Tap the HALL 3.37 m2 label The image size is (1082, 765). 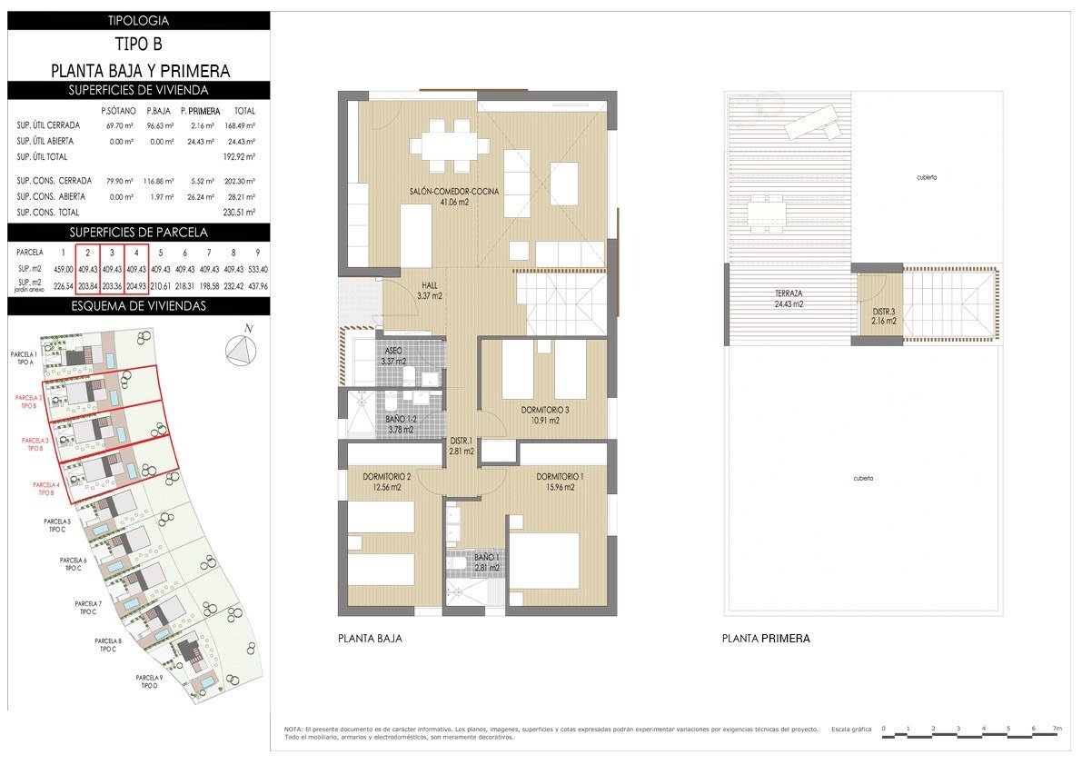point(428,290)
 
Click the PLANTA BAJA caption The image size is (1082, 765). point(369,639)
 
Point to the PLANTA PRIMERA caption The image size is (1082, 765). point(765,639)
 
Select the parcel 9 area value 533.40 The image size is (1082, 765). point(258,269)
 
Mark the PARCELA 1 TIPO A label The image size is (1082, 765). point(24,357)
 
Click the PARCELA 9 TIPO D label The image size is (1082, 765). point(149,681)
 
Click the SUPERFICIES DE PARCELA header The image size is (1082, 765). point(139,232)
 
